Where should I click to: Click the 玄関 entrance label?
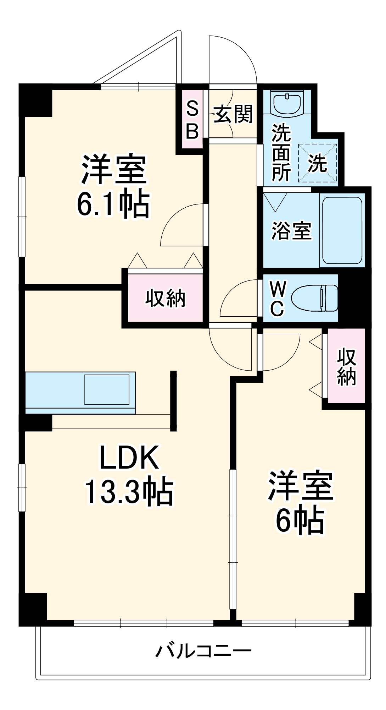coord(233,114)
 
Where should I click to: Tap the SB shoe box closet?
coord(192,120)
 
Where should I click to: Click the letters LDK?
coord(128,458)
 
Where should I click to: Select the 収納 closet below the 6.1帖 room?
coord(165,298)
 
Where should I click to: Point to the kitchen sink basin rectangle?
coord(107,389)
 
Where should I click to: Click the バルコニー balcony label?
coord(203,651)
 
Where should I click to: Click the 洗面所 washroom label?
coord(281,153)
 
